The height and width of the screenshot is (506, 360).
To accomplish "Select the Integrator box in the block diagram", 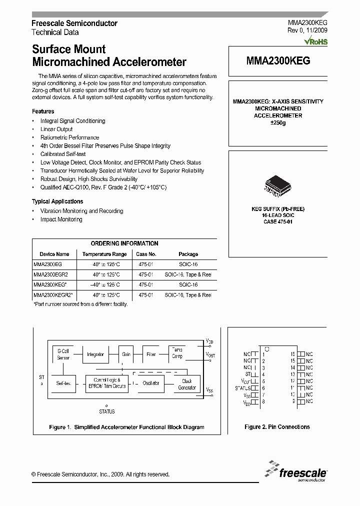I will pos(95,354).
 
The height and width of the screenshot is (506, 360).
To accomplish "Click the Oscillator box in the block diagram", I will pos(151,383).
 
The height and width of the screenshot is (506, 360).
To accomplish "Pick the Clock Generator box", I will pos(187,384).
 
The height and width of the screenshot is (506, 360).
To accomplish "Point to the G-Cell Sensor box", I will pos(63,354).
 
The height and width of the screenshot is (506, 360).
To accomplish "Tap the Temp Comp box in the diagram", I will pos(177,353).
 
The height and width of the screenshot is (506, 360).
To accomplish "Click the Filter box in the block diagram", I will pos(151,354).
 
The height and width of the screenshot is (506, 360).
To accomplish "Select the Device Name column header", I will pos(54,254).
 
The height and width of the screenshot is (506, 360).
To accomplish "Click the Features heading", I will pos(43,111).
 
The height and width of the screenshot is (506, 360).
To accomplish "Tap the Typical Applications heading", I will pos(57,201).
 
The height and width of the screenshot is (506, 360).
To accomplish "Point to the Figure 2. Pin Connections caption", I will pos(277,427).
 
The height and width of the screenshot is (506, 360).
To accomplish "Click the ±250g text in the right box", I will pos(277,122).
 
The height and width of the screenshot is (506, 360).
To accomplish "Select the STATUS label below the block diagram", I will pos(106,411).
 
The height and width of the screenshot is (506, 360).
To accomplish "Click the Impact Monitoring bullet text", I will pos(61,219).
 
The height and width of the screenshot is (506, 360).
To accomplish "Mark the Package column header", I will pos(188,254).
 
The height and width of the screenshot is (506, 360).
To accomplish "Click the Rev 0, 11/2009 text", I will pos(307,30).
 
